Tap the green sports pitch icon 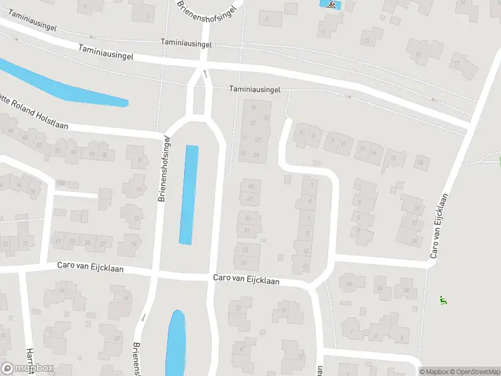tap(443, 300)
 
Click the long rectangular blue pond tap(189, 194)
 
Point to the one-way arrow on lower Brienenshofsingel tap(143, 318)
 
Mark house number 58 tap(104, 154)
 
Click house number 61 tap(241, 348)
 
